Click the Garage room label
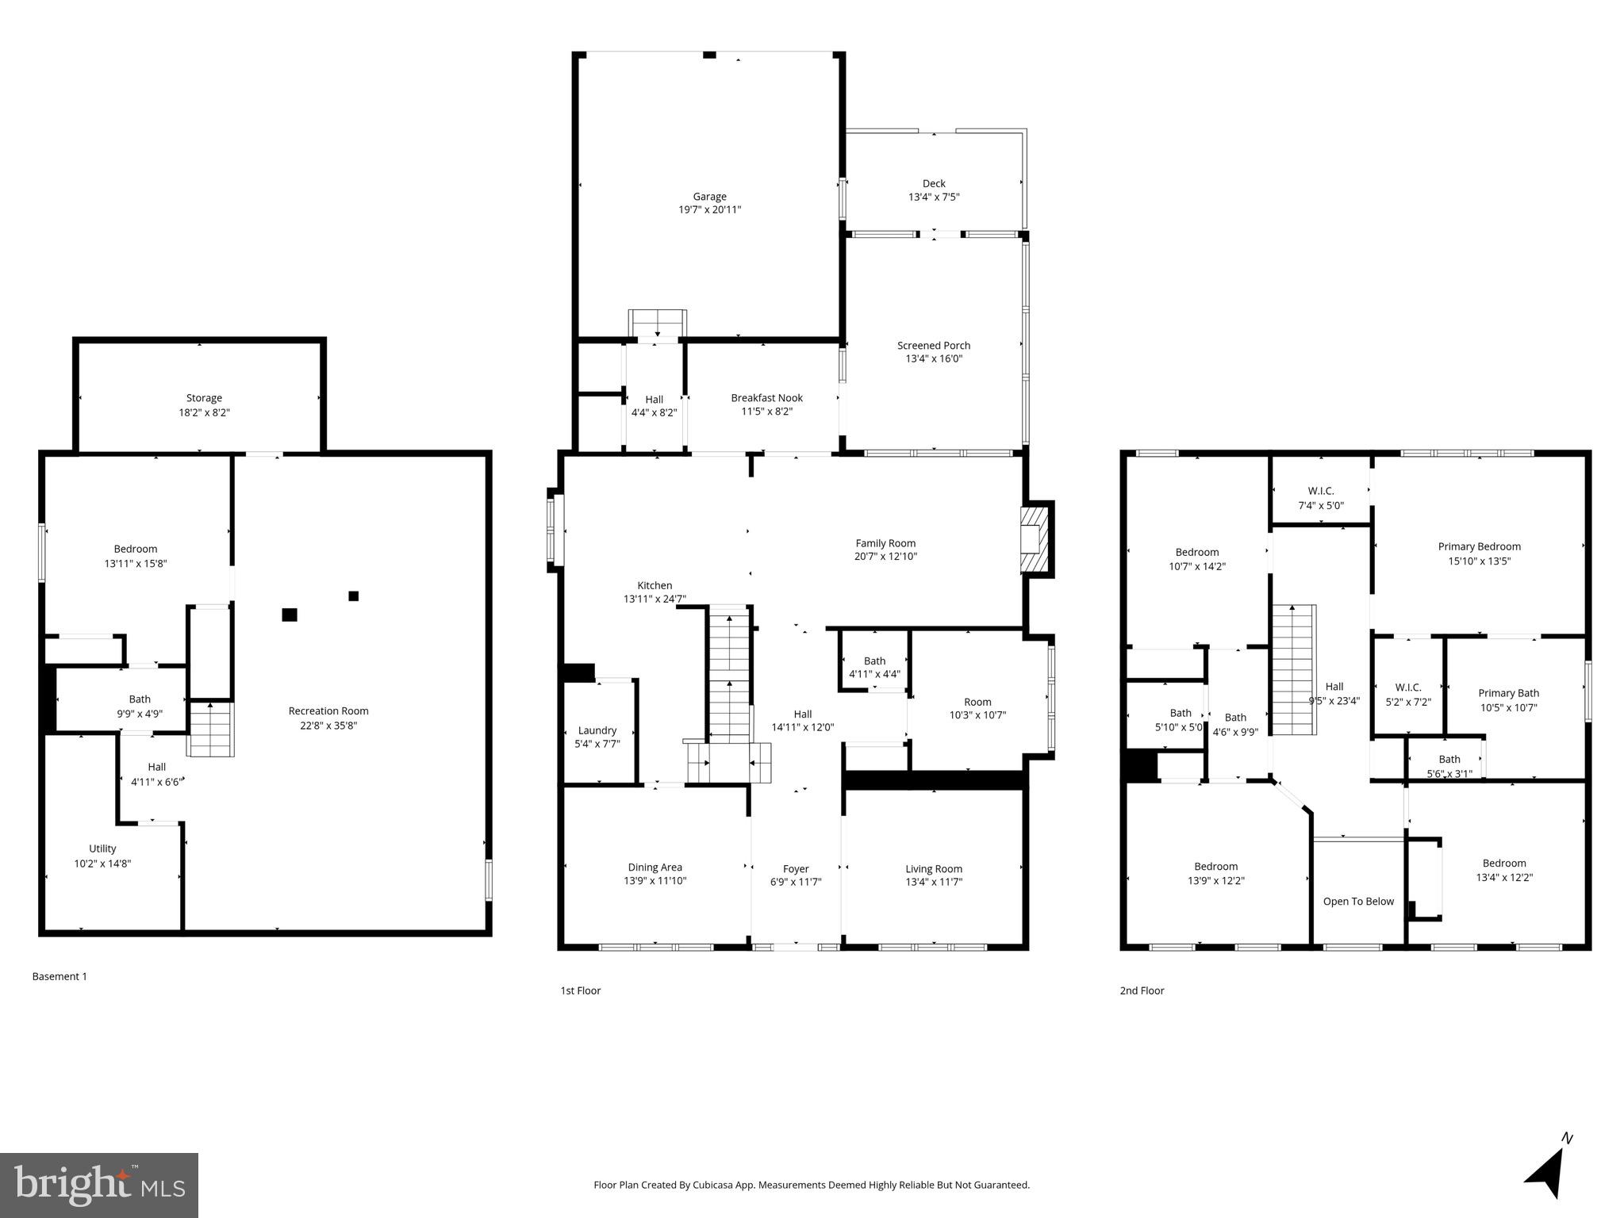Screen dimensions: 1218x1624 [x=709, y=197]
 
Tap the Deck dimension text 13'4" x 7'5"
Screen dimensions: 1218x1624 [x=934, y=197]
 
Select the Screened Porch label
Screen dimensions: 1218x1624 [x=934, y=345]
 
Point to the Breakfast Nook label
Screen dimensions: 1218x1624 [x=766, y=398]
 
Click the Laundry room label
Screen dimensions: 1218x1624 [x=597, y=730]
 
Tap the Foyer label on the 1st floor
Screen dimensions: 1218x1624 [x=796, y=869]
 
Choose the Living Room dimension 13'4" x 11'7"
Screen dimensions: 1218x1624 [x=934, y=882]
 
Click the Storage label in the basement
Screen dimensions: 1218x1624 [x=204, y=398]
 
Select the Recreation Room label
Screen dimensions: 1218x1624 [x=328, y=710]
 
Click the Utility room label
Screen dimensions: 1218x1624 [x=102, y=848]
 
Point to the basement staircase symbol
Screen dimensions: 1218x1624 [x=211, y=730]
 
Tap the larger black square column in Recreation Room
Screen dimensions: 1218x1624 [x=290, y=615]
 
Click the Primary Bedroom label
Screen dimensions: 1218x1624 [x=1479, y=546]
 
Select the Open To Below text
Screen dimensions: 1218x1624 [x=1358, y=901]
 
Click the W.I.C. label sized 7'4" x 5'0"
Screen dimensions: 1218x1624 [x=1320, y=491]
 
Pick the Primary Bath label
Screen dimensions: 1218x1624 [x=1508, y=693]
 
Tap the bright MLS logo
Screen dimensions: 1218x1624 [x=99, y=1185]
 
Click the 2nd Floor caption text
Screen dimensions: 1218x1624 [x=1142, y=990]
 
